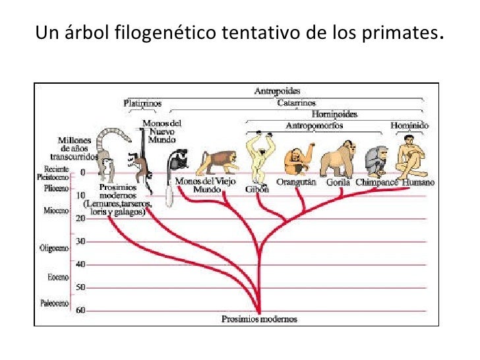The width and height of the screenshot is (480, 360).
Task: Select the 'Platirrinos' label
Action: (142, 103)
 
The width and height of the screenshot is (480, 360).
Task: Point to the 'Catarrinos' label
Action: (297, 103)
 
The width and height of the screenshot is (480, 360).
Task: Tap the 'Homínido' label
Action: (409, 125)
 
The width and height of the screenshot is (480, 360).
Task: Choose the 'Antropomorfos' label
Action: (310, 125)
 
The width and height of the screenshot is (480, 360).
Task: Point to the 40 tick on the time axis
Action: (80, 264)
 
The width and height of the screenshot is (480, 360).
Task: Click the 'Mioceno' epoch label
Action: (57, 210)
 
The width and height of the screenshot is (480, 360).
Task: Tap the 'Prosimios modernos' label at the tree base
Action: (259, 319)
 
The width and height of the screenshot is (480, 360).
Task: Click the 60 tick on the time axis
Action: (80, 310)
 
